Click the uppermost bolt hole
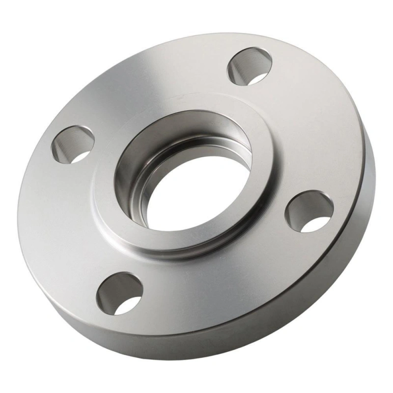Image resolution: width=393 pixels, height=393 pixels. (251, 66)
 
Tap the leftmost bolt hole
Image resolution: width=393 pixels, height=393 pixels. (73, 144)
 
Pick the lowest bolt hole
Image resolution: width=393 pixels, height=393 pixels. (119, 293)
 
